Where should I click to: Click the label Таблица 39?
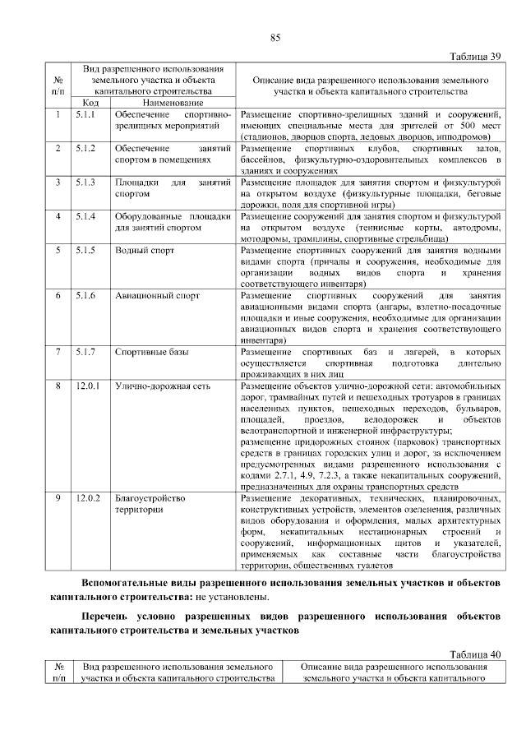point(474,57)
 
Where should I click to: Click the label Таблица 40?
point(474,655)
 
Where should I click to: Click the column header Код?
point(91,103)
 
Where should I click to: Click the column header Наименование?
point(173,103)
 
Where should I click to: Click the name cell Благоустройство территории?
point(150,504)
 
